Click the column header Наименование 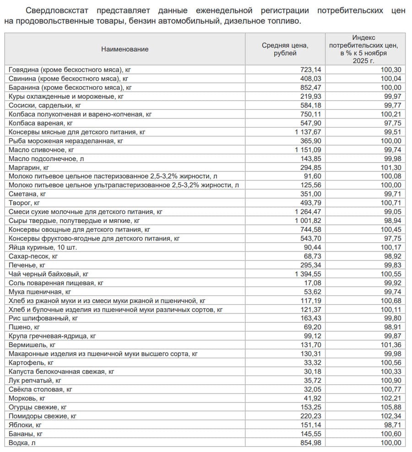pos(125,49)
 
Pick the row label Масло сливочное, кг pos(42,150)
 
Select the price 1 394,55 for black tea pos(306,274)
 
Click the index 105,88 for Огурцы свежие pos(390,407)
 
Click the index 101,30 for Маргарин pos(390,168)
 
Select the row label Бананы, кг pos(26,434)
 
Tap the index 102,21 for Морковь pos(390,398)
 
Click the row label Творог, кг pos(24,203)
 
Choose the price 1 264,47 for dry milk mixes pos(306,212)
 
